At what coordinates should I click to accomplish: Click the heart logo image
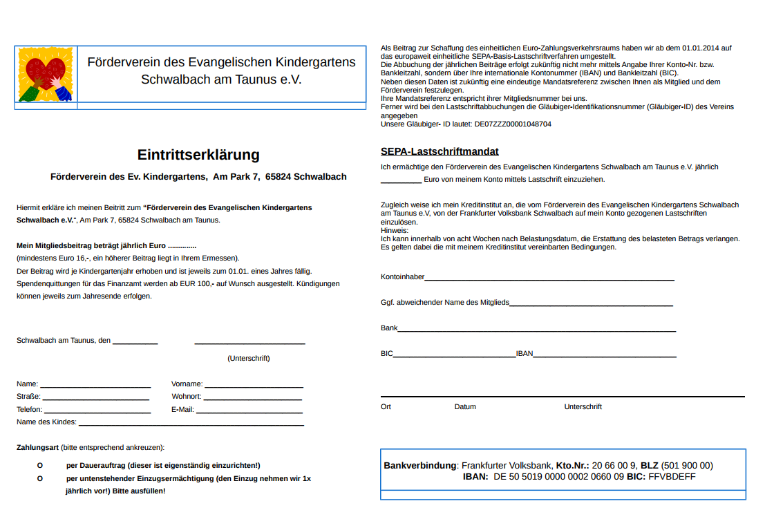point(46,75)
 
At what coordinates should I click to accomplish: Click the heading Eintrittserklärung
point(198,155)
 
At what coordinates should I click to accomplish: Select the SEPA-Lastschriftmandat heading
point(440,151)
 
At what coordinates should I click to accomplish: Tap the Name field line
point(95,387)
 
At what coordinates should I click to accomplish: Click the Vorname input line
point(254,387)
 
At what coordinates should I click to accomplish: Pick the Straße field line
point(96,399)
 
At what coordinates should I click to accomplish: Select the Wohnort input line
point(252,399)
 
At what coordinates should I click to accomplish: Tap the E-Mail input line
point(249,413)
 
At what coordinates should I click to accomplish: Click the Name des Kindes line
point(191,425)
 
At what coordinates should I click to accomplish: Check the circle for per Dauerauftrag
point(40,465)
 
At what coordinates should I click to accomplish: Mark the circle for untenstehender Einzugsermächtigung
point(40,478)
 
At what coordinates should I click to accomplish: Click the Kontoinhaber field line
point(549,280)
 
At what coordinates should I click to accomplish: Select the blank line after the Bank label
point(536,331)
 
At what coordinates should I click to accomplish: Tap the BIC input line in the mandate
point(454,357)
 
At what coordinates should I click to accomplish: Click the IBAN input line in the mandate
point(605,357)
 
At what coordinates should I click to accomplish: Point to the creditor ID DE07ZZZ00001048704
point(513,124)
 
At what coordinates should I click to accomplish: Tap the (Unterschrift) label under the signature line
point(249,359)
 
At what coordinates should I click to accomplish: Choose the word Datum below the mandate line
point(465,407)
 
